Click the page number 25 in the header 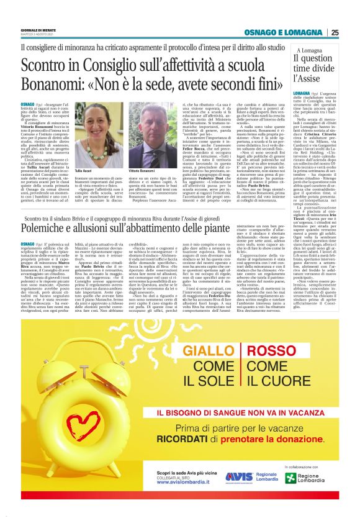pyautogui.click(x=335, y=32)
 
